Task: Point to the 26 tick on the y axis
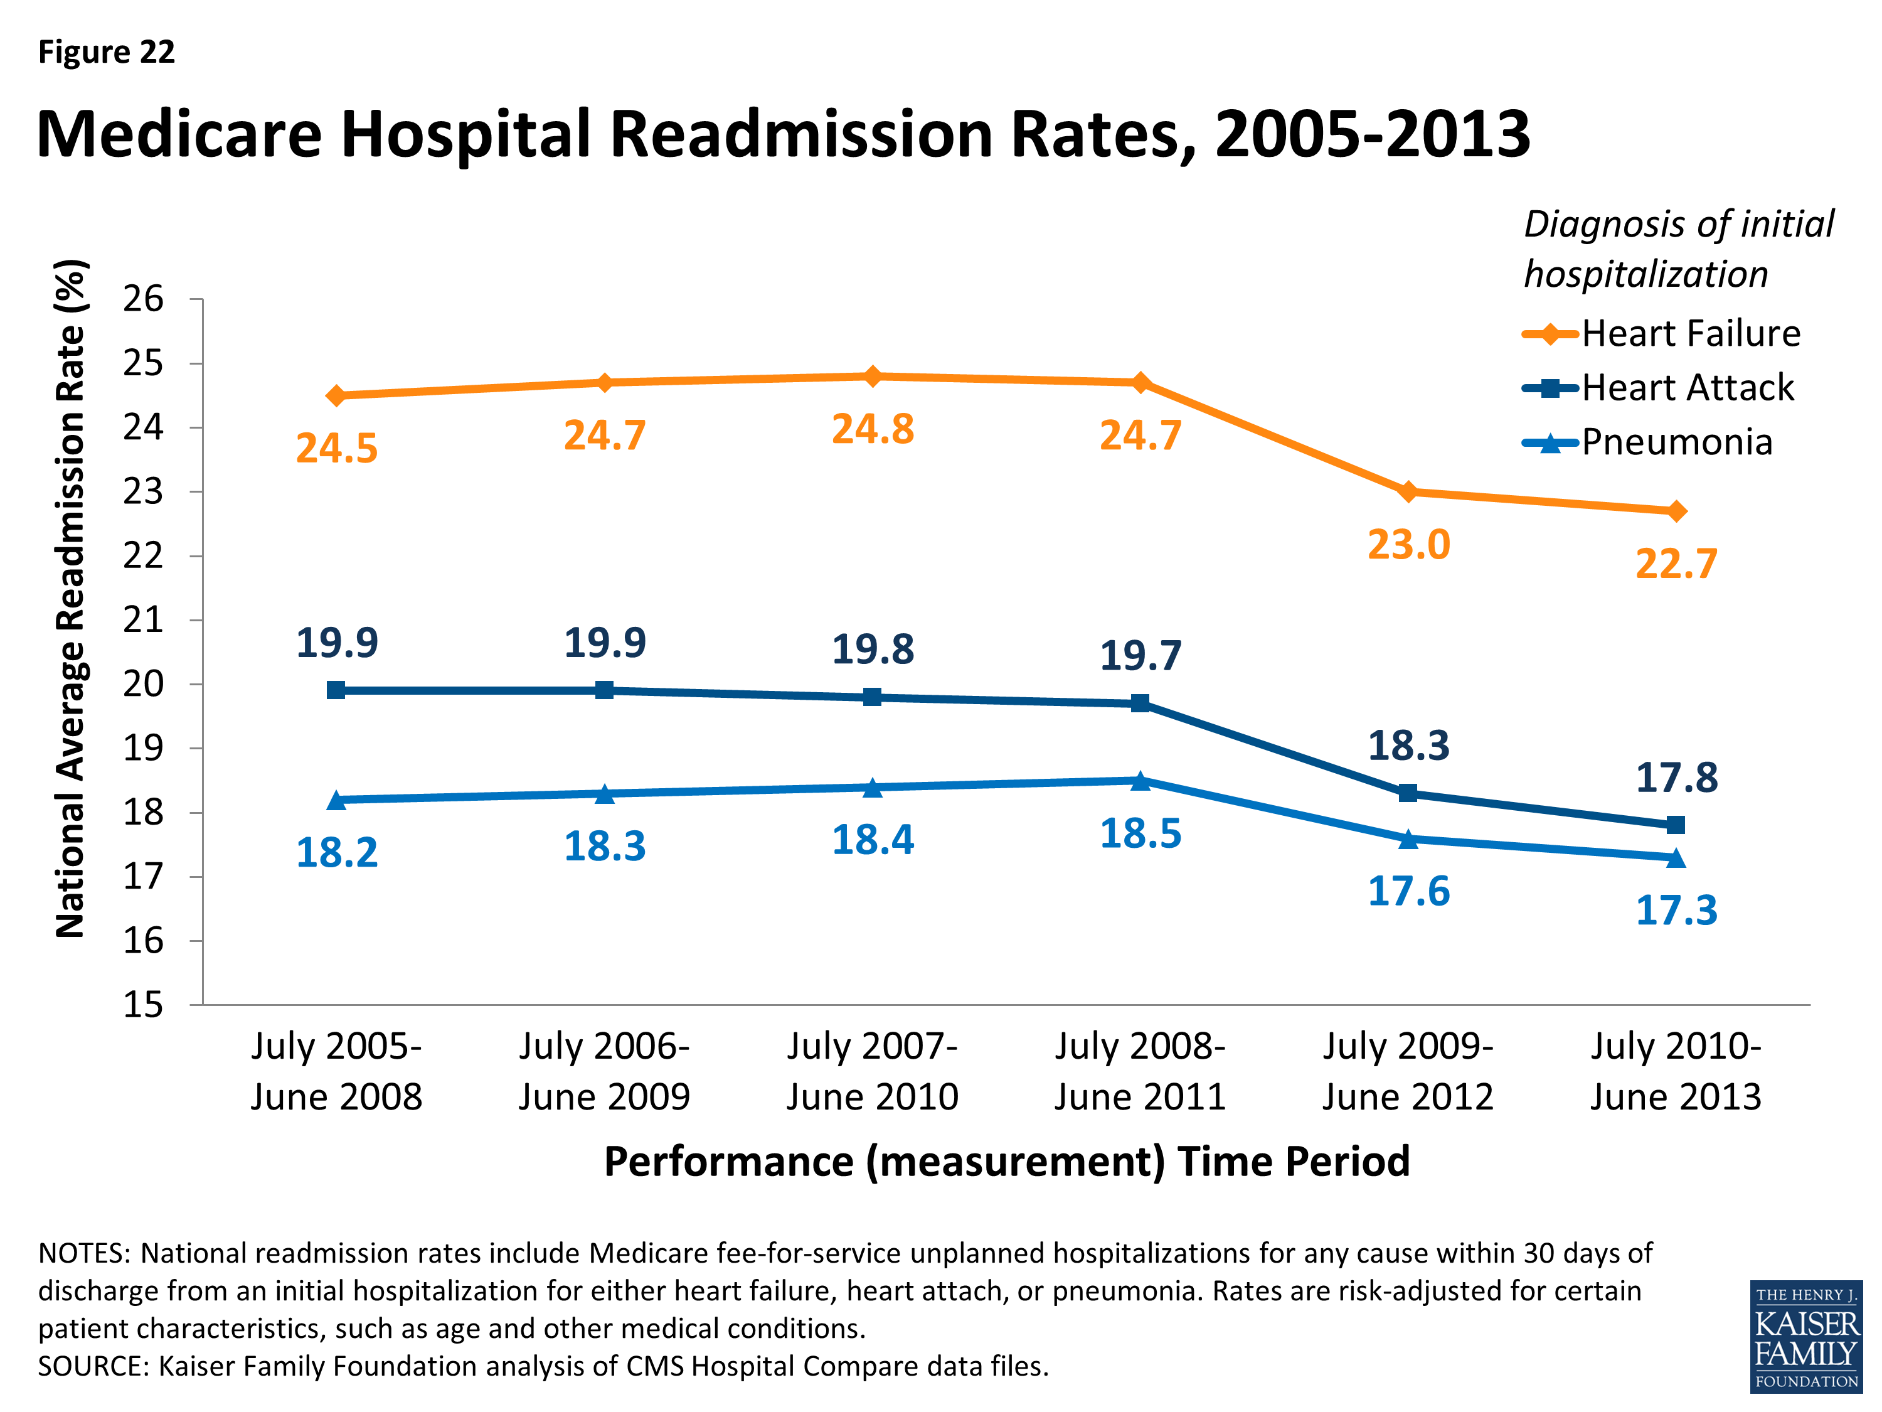click(143, 299)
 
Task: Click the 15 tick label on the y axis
click(143, 1005)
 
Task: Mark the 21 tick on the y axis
click(143, 621)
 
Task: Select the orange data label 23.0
click(1408, 545)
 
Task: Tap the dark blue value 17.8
click(1676, 778)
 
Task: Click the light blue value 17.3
click(1676, 911)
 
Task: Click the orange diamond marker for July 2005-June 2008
click(336, 396)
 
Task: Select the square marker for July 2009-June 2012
click(1408, 793)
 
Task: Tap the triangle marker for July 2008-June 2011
click(1140, 781)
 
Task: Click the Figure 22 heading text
click(107, 52)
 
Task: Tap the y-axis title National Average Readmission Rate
click(72, 598)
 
